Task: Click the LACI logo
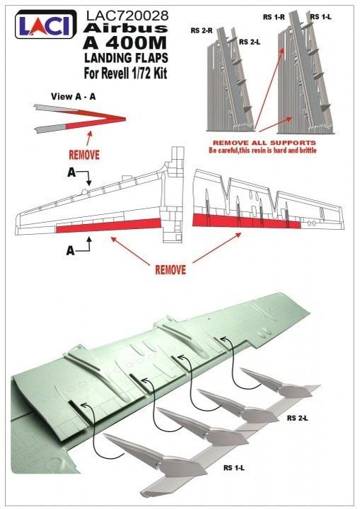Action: (46, 24)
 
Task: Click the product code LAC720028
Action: (127, 16)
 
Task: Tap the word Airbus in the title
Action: (125, 28)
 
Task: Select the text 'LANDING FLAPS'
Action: (126, 58)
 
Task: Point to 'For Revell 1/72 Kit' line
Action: (125, 73)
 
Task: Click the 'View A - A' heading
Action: (73, 96)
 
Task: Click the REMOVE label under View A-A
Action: (84, 155)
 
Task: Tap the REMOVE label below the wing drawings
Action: (170, 270)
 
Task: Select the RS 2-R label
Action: (202, 30)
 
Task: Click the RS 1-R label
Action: (274, 17)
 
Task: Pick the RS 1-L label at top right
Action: (320, 16)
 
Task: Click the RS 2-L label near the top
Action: (250, 42)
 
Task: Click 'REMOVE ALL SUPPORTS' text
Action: (264, 143)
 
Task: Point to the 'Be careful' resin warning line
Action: (262, 151)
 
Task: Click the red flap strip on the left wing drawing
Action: (108, 226)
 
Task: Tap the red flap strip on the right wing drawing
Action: (246, 221)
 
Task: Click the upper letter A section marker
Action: (71, 172)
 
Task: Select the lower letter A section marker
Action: (70, 250)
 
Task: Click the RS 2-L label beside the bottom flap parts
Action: (297, 419)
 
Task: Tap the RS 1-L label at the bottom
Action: (234, 468)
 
